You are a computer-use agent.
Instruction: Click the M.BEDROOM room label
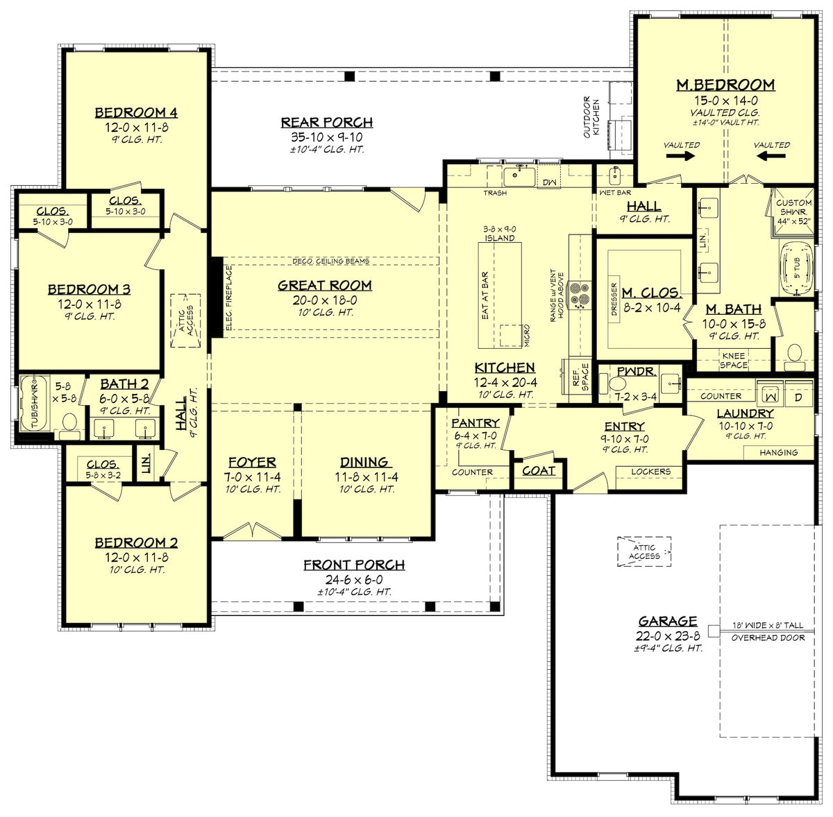725,85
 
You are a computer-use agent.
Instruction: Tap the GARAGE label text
668,621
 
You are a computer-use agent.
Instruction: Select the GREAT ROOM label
325,286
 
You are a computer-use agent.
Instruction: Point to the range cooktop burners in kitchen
580,293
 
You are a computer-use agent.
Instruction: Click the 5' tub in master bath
792,268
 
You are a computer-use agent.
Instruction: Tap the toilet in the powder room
616,384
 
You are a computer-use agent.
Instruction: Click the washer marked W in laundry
769,396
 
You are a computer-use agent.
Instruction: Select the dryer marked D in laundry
798,396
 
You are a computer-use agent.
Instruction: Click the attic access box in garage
644,551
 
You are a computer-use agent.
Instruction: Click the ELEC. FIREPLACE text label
228,297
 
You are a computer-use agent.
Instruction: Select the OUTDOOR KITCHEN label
591,117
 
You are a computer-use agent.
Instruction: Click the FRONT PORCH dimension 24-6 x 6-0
354,580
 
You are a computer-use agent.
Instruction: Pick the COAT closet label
539,471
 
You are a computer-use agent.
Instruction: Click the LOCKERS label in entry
650,472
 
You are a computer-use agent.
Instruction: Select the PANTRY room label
476,423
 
